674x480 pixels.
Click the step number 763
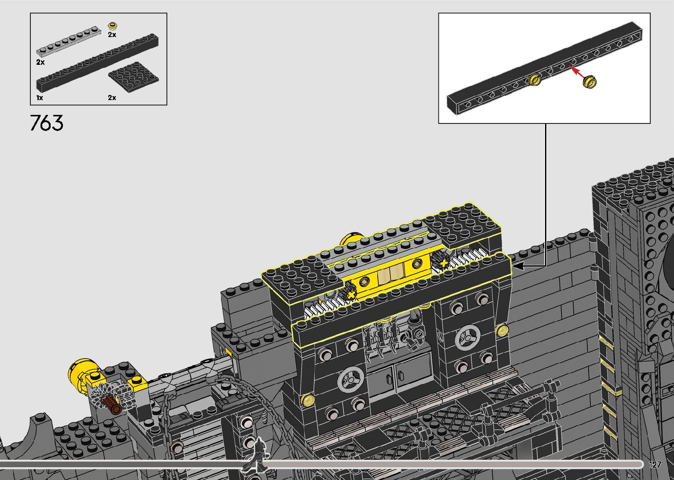point(47,123)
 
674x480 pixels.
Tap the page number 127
point(655,464)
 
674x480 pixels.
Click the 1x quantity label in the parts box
point(40,97)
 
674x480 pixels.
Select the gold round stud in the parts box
point(113,26)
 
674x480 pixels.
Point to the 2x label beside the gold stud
point(112,35)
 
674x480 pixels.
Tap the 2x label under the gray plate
point(41,62)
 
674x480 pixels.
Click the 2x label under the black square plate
point(112,97)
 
